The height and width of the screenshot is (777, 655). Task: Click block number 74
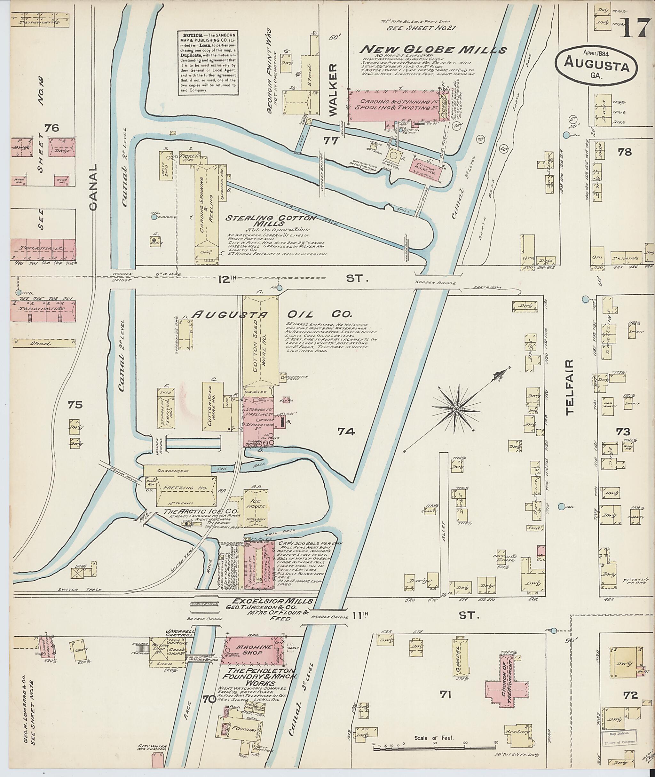346,431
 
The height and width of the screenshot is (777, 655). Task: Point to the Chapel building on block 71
459,660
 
